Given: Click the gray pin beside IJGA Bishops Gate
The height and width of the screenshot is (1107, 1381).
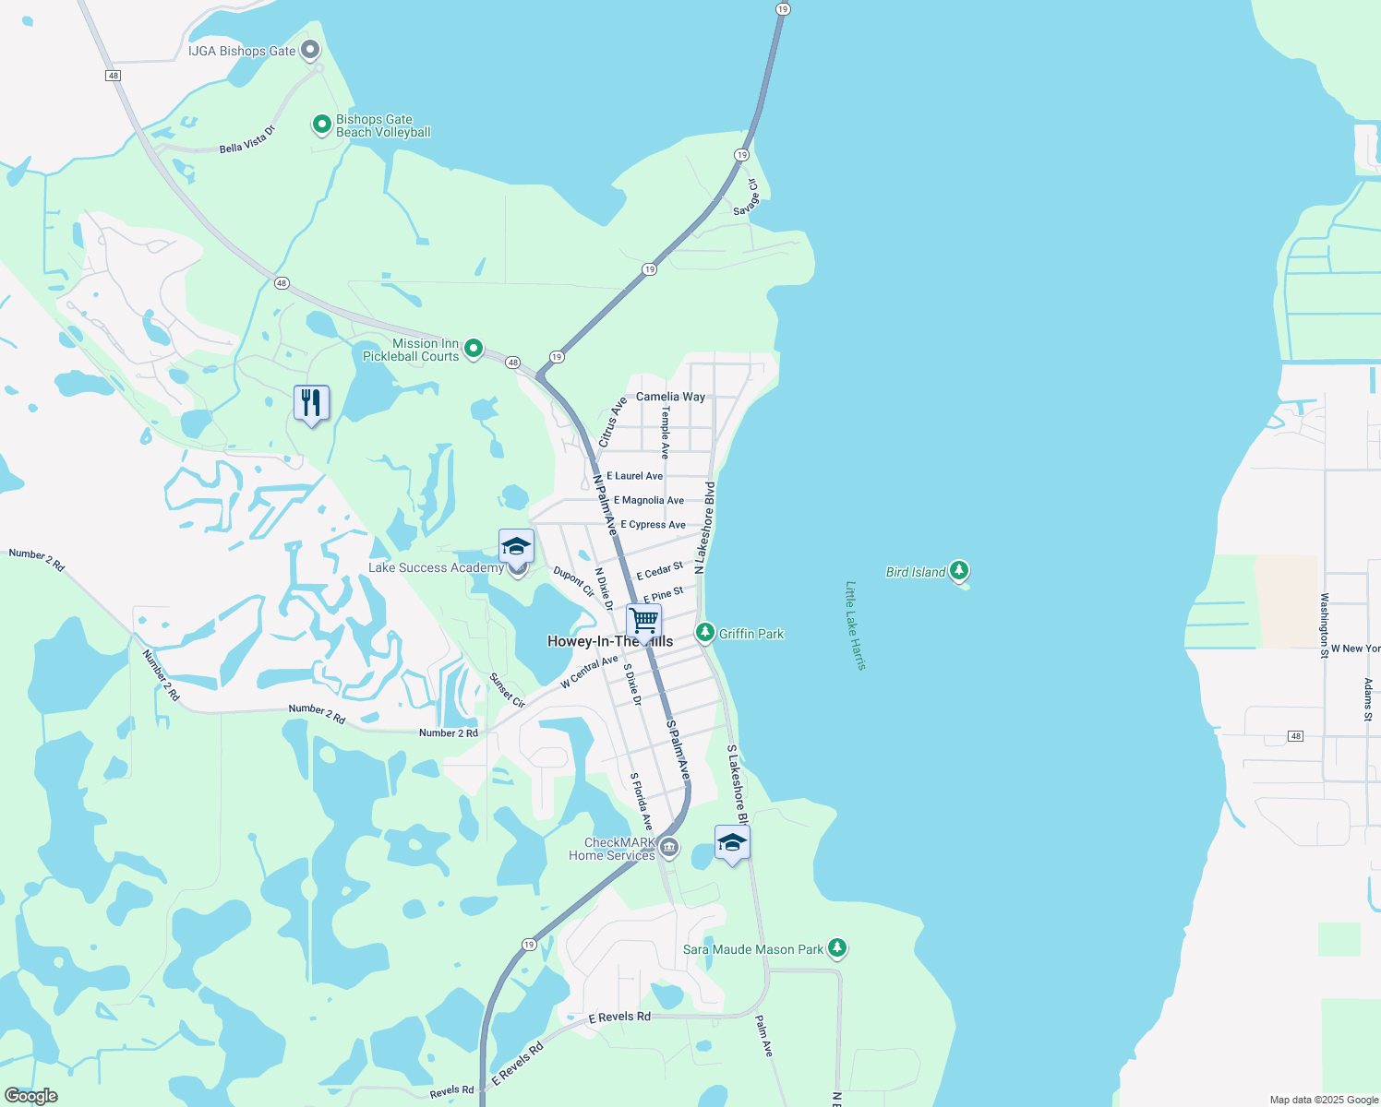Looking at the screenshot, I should click(310, 50).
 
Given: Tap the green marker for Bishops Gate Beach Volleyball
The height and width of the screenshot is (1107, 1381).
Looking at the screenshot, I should click(321, 124).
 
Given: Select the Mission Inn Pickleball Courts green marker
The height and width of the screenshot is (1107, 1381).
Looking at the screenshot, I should click(474, 348).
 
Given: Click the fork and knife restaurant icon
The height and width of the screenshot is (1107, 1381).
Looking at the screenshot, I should click(311, 403).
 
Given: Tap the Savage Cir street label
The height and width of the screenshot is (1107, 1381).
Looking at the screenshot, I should click(746, 197).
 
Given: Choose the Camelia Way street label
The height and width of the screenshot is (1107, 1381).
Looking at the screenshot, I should click(670, 397).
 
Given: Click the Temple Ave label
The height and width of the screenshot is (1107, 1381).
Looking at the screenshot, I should click(665, 433).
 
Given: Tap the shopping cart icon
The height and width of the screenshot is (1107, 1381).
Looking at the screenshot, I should click(643, 621).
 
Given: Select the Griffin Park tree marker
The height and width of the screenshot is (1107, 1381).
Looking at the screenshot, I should click(705, 633).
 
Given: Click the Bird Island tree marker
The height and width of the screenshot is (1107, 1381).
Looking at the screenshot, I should click(959, 571).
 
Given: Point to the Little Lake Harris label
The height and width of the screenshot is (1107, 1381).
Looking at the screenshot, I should click(856, 625).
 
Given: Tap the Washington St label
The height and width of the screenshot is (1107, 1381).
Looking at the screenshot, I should click(1324, 625).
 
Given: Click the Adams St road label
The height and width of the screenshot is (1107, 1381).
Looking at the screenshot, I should click(1368, 698).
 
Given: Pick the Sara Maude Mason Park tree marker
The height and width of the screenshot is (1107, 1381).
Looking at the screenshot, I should click(837, 947).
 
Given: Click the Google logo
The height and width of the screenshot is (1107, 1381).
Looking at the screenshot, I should click(30, 1096).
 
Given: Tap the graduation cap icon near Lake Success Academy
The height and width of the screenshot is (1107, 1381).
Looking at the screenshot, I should click(516, 546).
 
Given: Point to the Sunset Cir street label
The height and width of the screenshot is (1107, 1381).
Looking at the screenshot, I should click(507, 691).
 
